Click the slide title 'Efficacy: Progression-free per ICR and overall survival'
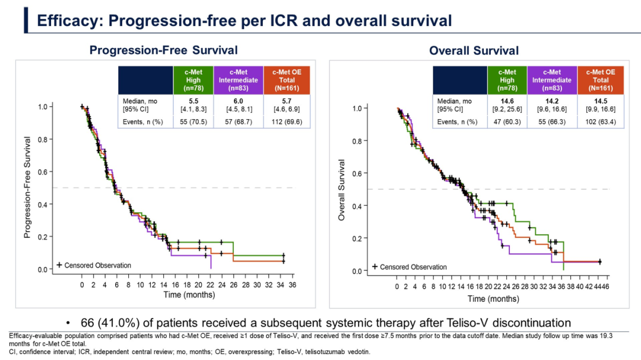[x=244, y=21]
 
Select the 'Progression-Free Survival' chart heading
[x=163, y=50]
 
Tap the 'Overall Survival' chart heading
[x=474, y=51]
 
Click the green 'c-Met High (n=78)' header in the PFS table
[x=193, y=80]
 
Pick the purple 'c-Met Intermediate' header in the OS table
[x=551, y=80]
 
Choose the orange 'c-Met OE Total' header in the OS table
[x=600, y=80]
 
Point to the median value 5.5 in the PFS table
[x=193, y=101]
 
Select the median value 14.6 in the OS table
[x=507, y=101]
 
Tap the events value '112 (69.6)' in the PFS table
[x=287, y=121]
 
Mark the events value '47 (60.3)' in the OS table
[x=507, y=122]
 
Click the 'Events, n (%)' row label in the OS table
[x=457, y=122]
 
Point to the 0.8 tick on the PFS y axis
[x=43, y=139]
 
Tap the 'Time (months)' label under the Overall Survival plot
[x=493, y=299]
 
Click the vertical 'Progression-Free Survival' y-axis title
[x=27, y=187]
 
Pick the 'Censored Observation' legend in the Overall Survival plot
[x=408, y=267]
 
